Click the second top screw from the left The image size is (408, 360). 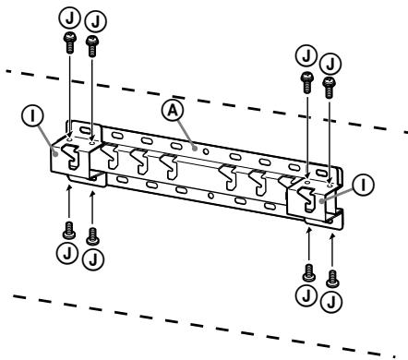coord(91,42)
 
